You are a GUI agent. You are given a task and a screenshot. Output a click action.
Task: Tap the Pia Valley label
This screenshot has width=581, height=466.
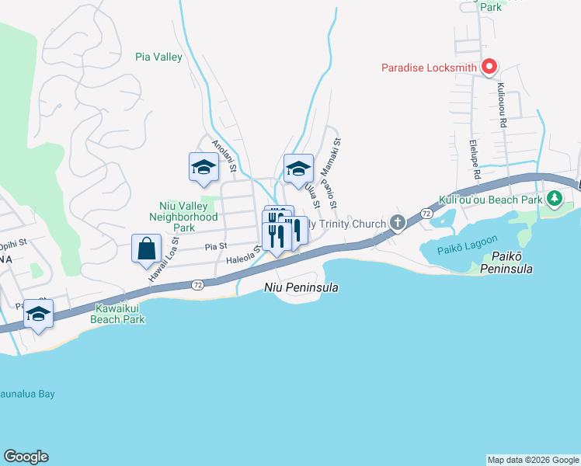point(158,57)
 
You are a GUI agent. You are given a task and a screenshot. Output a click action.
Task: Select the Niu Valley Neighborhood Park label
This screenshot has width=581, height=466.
point(183,217)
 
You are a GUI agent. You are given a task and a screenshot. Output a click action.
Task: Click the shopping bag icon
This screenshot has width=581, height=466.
point(146,249)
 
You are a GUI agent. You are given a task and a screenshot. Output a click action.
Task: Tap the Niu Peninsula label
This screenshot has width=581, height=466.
point(298,287)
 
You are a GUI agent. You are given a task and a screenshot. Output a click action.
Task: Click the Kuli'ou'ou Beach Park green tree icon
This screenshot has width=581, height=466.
point(554,200)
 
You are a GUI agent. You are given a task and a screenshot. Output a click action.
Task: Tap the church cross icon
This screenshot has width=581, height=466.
point(397,224)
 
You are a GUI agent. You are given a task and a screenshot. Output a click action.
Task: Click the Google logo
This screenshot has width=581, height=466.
point(26,457)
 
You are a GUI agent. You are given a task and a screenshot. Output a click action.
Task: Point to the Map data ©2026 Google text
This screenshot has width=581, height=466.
point(532,460)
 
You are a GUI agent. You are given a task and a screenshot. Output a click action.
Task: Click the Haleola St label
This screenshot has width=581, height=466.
point(242,259)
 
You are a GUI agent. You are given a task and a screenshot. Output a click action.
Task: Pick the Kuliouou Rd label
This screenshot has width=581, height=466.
point(502,106)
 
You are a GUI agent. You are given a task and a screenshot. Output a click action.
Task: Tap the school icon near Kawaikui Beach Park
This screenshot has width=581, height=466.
point(37,314)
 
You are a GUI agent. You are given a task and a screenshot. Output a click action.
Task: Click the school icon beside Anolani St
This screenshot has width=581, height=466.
point(204,167)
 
